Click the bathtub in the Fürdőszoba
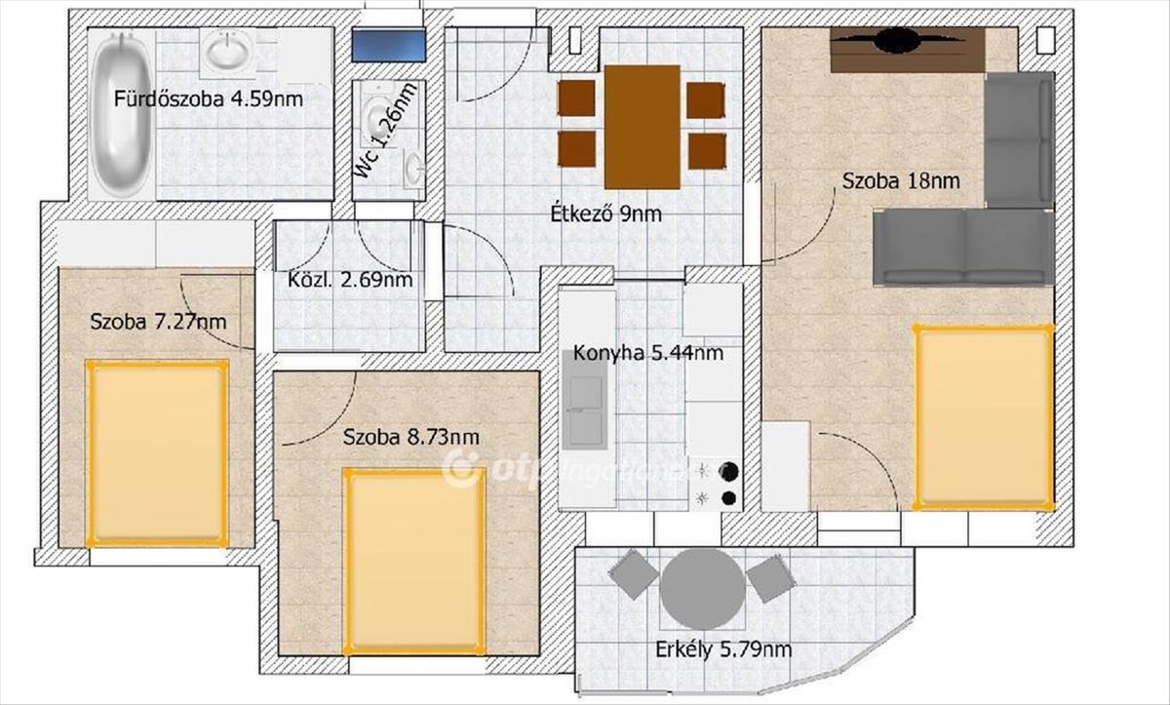click(x=121, y=114)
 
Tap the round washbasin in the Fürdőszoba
click(x=226, y=51)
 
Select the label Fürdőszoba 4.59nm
click(x=209, y=98)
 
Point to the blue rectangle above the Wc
click(x=388, y=46)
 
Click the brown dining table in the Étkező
click(x=643, y=127)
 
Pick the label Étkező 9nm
click(x=605, y=215)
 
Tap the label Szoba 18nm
click(x=901, y=181)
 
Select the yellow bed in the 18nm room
click(x=983, y=416)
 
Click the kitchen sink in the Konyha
click(x=585, y=400)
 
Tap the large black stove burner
click(x=729, y=471)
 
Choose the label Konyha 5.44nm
click(x=648, y=354)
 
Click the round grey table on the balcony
click(x=702, y=589)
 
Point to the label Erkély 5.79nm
click(x=723, y=650)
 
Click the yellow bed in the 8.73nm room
click(x=414, y=562)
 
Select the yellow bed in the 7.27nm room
click(x=157, y=453)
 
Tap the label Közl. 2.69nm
click(x=350, y=280)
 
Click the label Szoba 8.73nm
click(x=411, y=437)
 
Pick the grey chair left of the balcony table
click(x=635, y=574)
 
